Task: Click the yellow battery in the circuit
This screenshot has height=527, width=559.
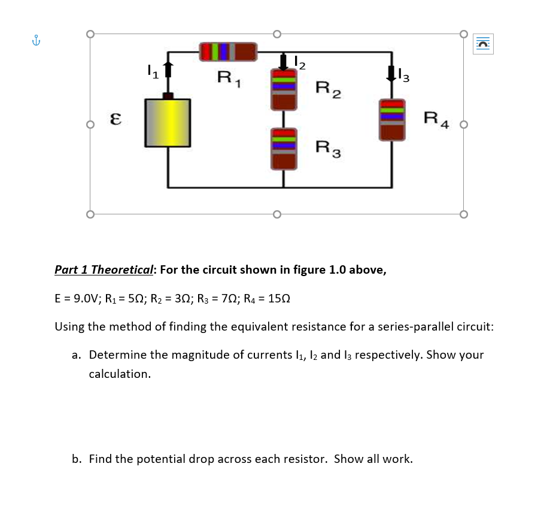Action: point(168,123)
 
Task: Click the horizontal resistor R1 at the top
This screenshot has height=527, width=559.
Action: point(227,52)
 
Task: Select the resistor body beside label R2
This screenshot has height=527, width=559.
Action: point(284,89)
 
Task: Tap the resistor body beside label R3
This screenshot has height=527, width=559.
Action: point(284,149)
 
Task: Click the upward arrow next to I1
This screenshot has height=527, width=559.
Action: point(169,71)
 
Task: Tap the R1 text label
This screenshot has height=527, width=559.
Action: point(228,77)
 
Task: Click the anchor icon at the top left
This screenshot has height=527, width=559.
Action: point(37,41)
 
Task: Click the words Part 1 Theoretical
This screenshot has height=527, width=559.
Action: point(104,269)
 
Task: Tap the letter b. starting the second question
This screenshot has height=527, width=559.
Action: point(77,459)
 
